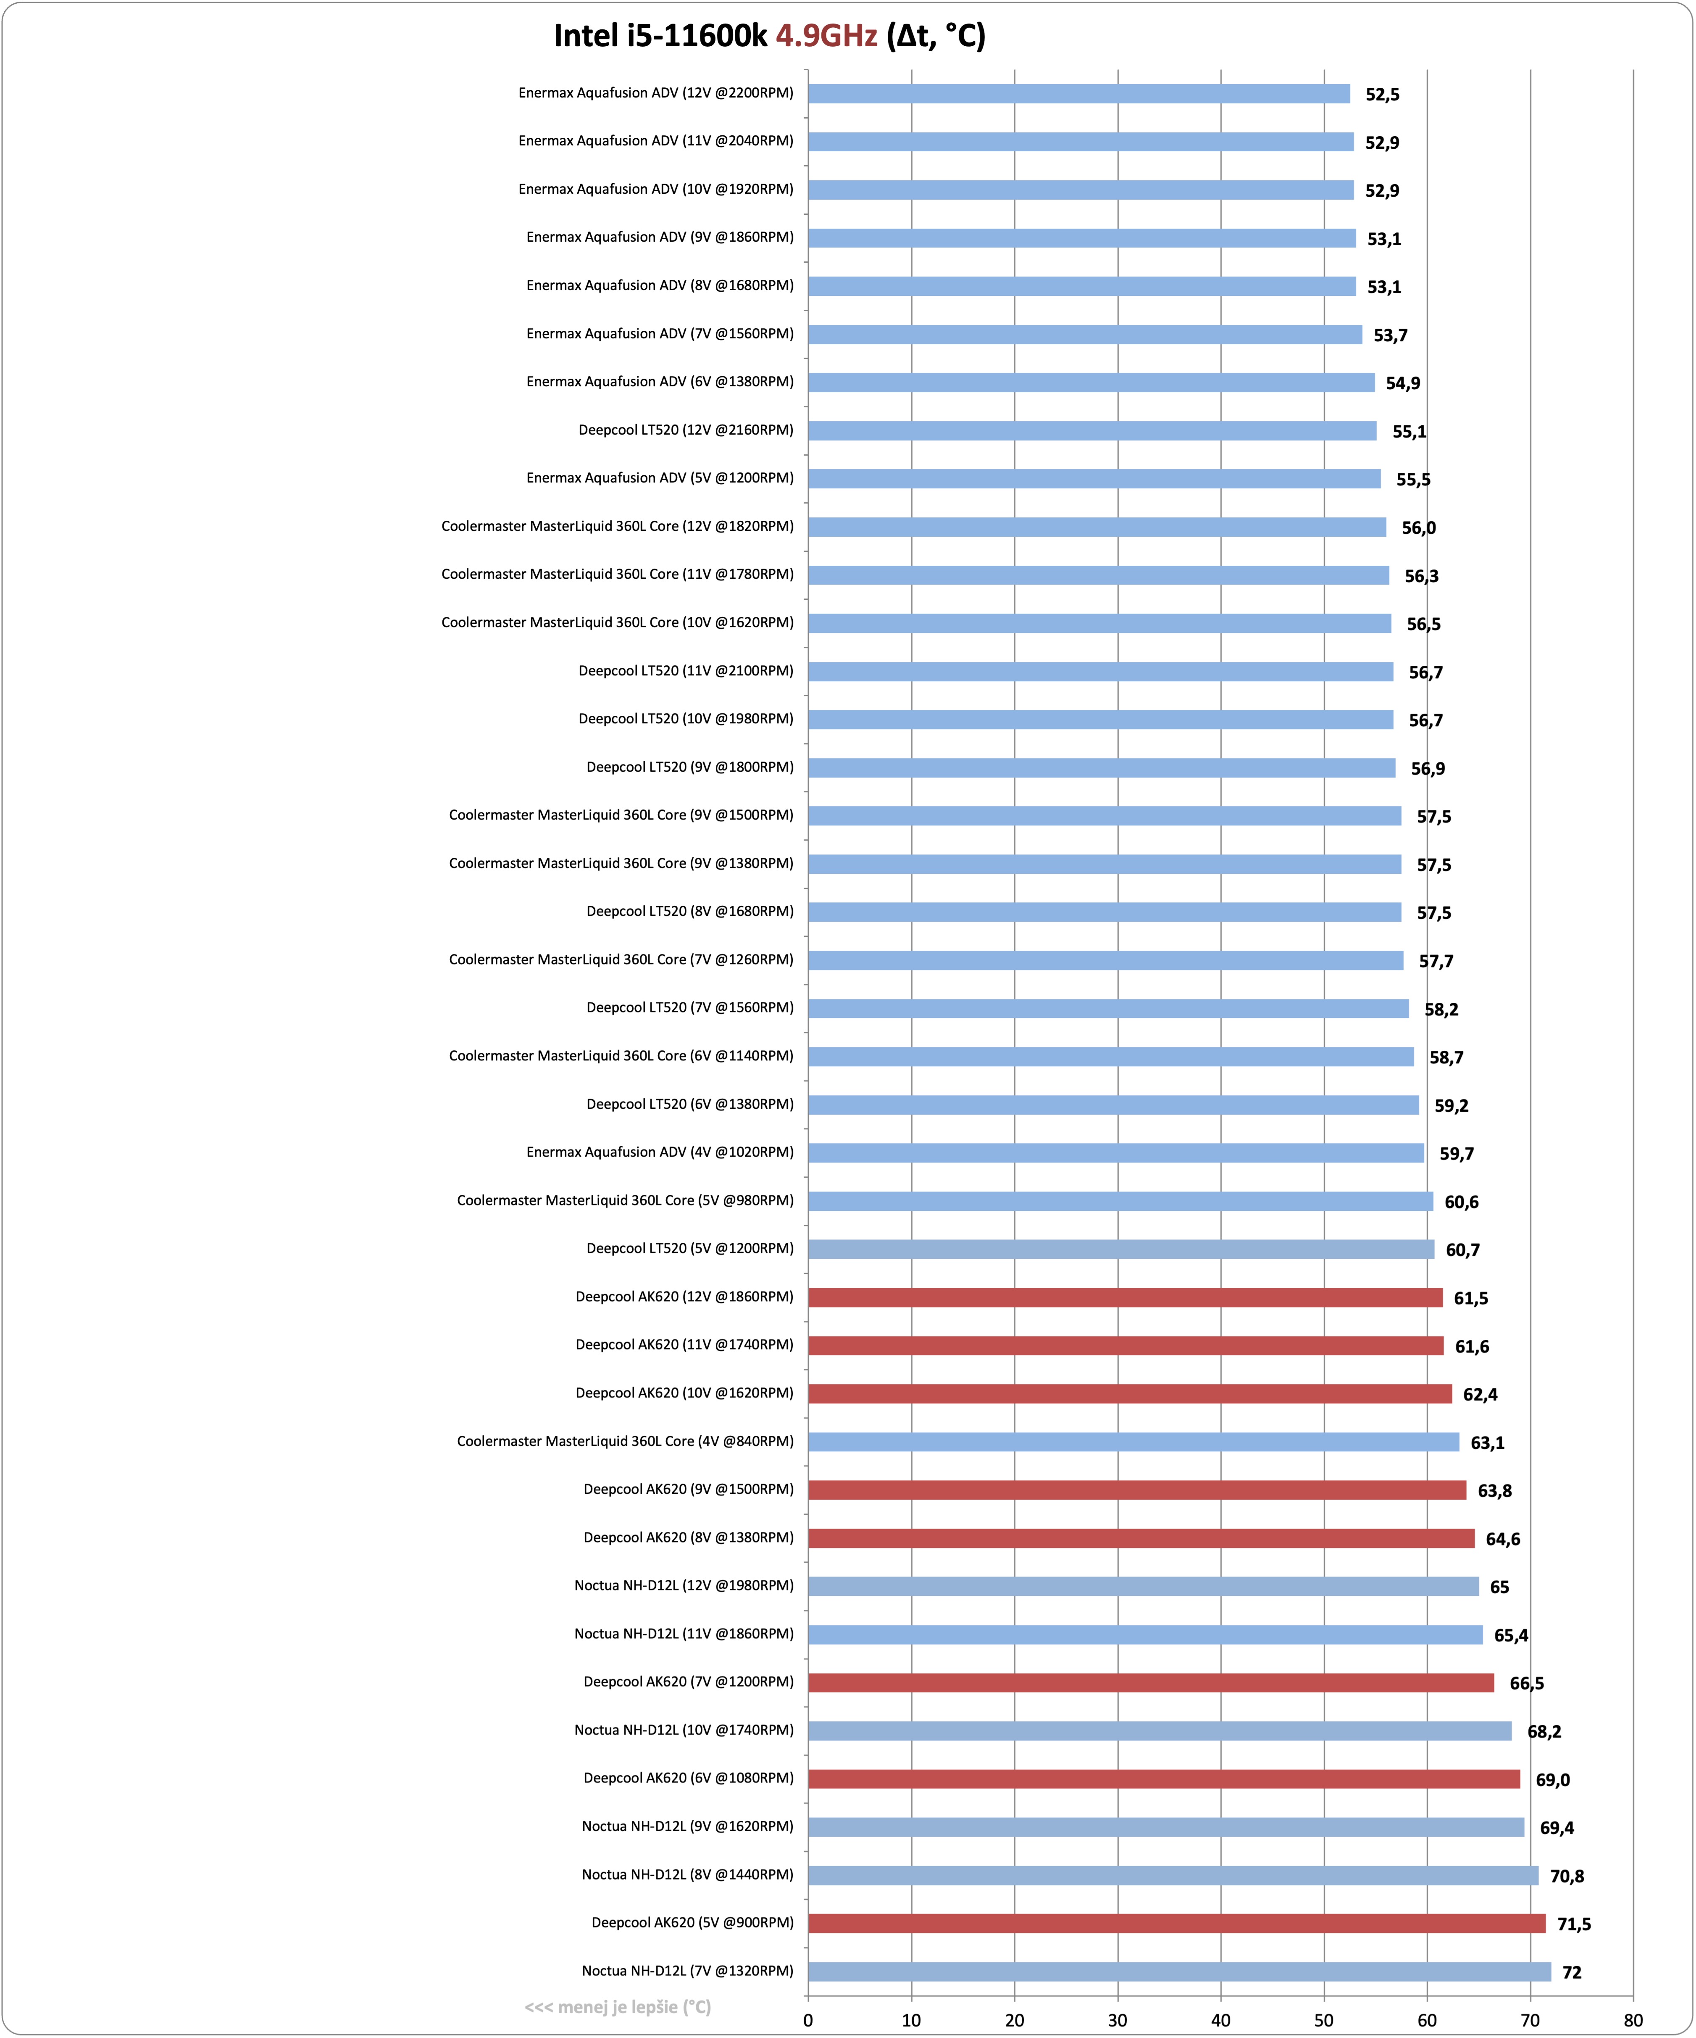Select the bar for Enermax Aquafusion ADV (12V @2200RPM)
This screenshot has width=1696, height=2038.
[1079, 93]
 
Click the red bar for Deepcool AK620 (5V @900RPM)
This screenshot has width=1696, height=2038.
[1177, 1924]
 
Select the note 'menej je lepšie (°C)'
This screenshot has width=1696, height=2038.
[618, 2007]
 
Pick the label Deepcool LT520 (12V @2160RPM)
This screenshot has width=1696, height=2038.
[686, 430]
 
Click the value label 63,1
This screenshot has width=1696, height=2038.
[1487, 1443]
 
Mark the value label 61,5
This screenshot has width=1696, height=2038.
[1471, 1299]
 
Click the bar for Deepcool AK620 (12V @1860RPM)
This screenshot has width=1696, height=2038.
[1125, 1297]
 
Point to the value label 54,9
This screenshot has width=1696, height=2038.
[1403, 383]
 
